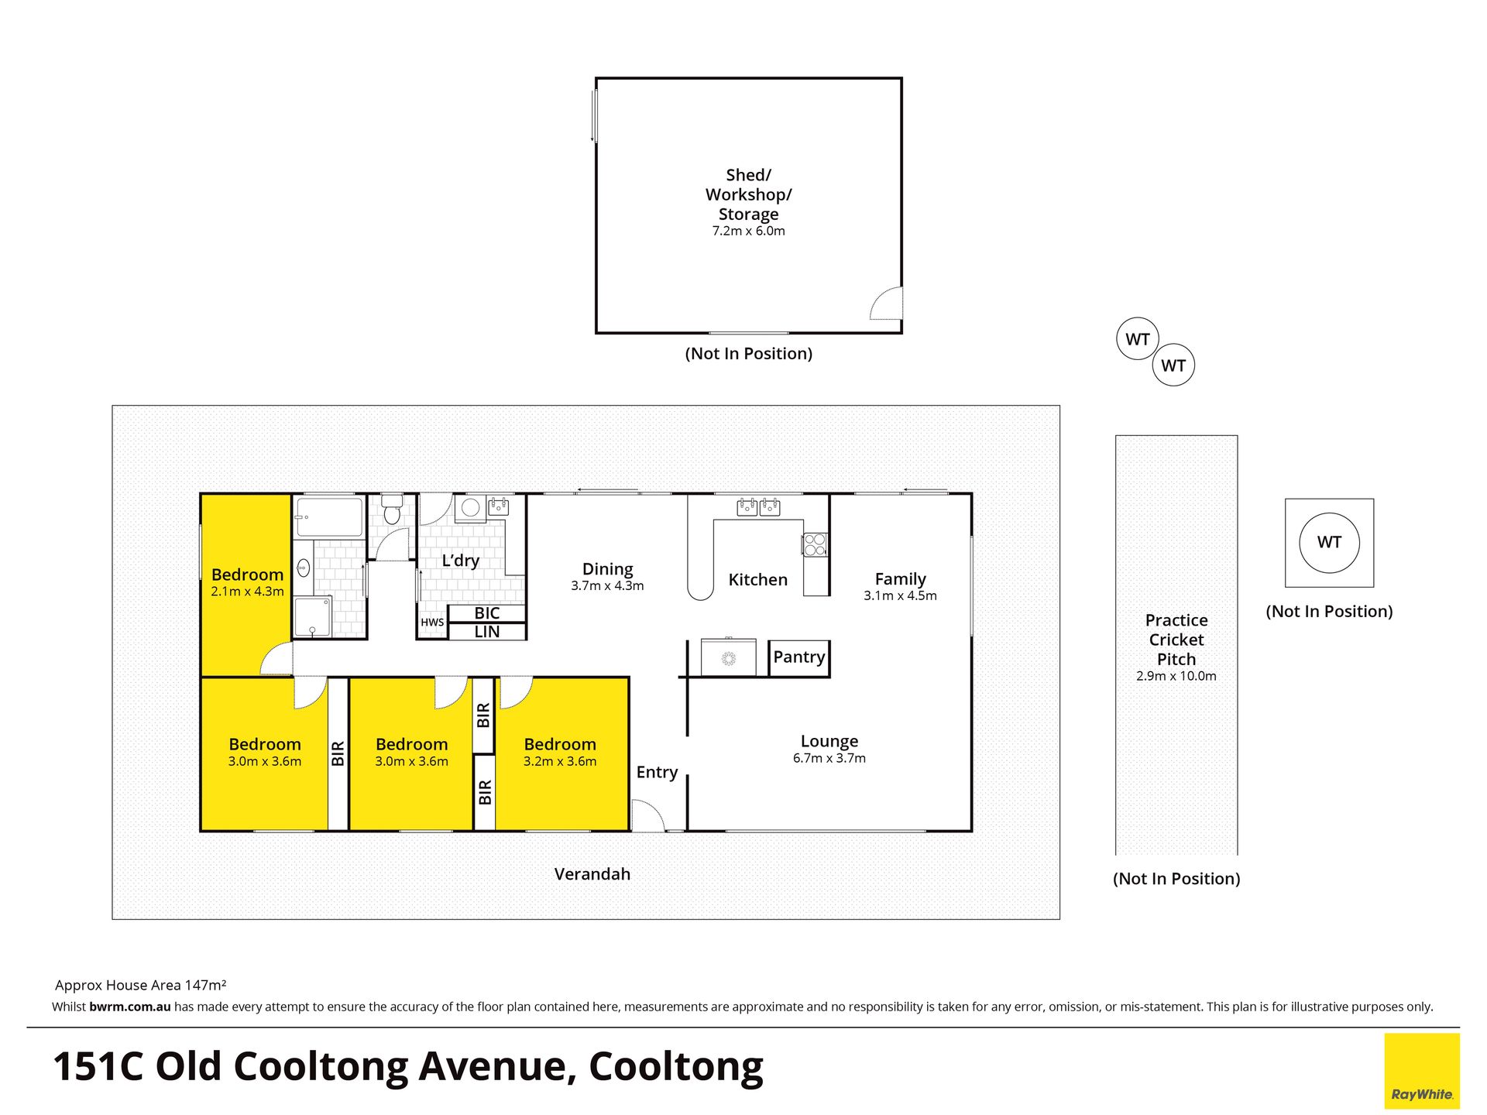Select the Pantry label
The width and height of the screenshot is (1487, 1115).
coord(799,657)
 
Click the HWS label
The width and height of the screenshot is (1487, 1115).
coord(432,623)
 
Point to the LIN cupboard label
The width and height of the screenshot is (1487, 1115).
coord(487,632)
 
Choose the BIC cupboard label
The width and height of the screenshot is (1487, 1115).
coord(487,613)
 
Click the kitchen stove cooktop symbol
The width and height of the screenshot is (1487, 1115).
coord(815,544)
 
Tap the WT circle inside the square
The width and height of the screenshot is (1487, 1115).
coord(1329,543)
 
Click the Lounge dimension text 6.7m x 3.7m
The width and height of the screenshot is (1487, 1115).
coord(829,759)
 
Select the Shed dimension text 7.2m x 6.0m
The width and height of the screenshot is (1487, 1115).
coord(749,232)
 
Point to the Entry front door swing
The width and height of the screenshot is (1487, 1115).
coord(647,815)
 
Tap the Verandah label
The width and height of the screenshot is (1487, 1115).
coord(592,874)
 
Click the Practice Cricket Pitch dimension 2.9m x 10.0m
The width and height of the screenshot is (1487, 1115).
coord(1176,676)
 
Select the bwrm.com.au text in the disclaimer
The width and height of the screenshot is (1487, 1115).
coord(130,1007)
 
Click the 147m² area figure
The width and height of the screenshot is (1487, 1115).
coord(206,986)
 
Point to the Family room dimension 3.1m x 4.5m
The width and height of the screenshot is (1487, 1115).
coord(901,596)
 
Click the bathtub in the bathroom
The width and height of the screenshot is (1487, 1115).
coord(329,517)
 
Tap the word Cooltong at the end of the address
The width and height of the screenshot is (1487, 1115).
coord(676,1067)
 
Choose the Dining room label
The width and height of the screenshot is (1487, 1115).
coord(608,569)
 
